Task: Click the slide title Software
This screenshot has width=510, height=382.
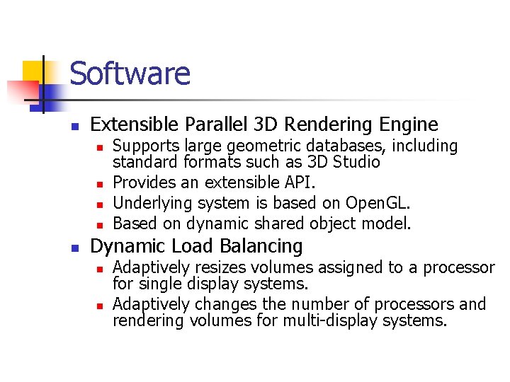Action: [130, 74]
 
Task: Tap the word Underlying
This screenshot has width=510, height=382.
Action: [149, 203]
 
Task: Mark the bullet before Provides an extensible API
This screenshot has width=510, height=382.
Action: [100, 184]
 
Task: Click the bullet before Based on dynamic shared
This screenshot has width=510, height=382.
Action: [100, 225]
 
